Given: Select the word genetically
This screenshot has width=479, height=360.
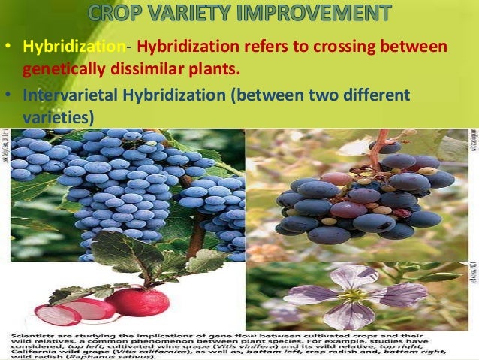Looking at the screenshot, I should pyautogui.click(x=65, y=69).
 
